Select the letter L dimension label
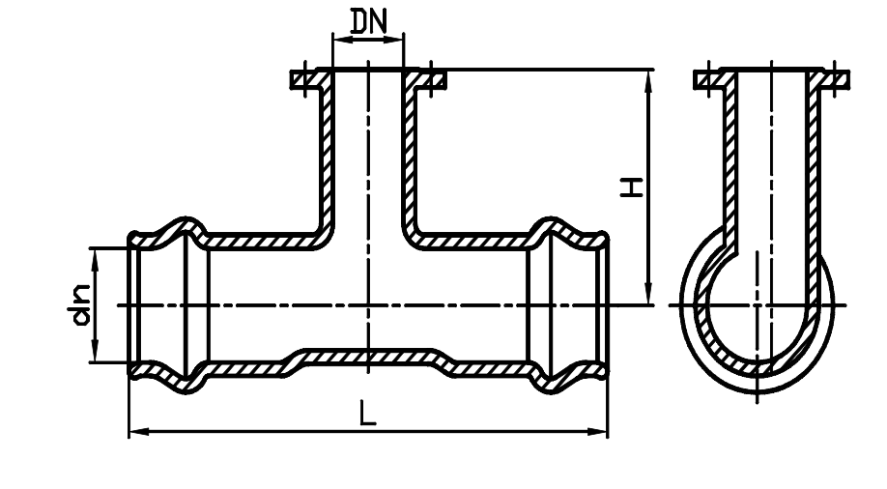[x=367, y=413]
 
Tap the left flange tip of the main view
[x=294, y=79]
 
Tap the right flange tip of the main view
[x=443, y=79]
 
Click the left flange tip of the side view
[x=698, y=79]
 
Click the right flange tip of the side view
[x=845, y=79]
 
